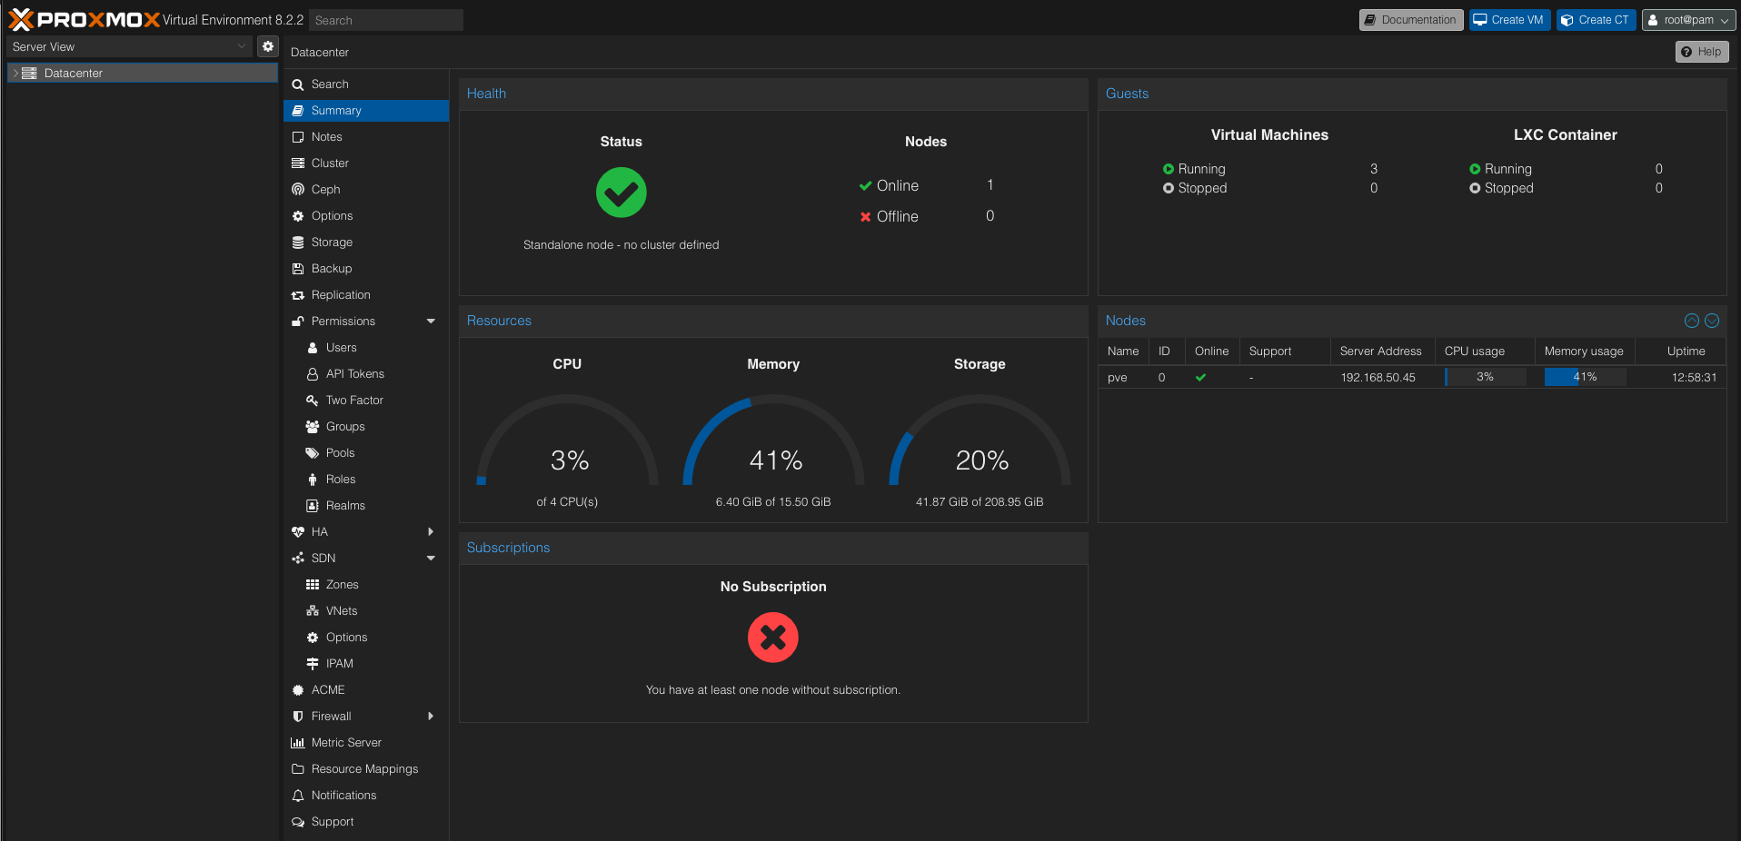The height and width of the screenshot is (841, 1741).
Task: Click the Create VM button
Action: coord(1509,20)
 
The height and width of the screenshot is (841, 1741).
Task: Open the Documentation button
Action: coord(1410,20)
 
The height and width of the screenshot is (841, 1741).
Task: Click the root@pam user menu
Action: coord(1688,20)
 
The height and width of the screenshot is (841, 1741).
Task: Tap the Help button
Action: coord(1701,52)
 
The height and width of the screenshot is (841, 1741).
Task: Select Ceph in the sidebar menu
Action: coord(325,190)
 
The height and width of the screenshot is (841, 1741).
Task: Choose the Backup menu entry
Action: coord(331,269)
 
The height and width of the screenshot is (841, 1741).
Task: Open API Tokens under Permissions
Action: coord(354,374)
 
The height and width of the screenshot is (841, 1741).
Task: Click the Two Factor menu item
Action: coord(354,401)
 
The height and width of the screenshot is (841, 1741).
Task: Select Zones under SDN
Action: coord(342,585)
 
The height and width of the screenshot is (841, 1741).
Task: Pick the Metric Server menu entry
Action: coord(345,743)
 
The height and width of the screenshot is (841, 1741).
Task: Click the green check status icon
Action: coord(622,193)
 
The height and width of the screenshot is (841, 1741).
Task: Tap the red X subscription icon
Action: coord(773,638)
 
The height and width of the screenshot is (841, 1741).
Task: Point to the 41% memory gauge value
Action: coord(775,460)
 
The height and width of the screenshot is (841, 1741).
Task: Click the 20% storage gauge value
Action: coord(981,460)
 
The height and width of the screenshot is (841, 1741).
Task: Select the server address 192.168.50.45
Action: coord(1378,378)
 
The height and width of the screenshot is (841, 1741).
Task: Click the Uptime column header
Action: coord(1686,351)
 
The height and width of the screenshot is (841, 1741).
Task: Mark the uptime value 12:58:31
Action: coord(1694,378)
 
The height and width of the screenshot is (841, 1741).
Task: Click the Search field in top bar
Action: coord(385,20)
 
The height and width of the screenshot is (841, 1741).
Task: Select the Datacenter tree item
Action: coord(74,74)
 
